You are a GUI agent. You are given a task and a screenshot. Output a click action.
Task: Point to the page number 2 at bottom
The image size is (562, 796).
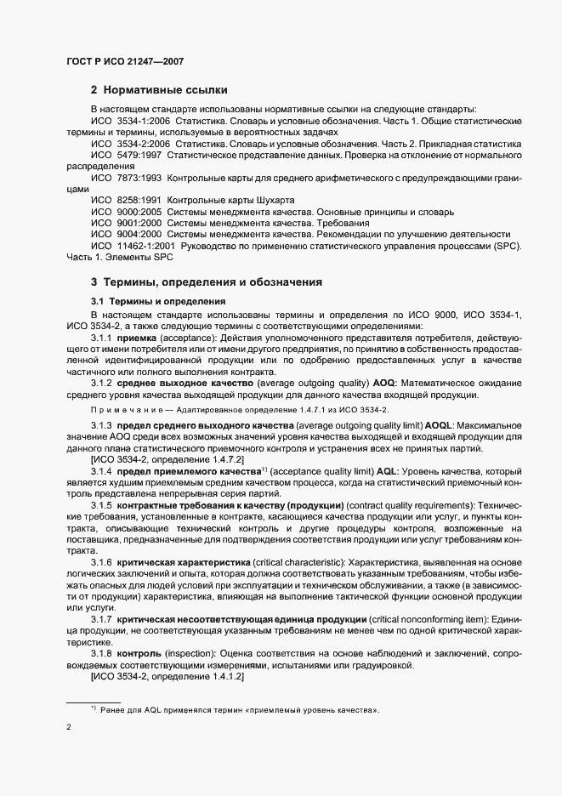pyautogui.click(x=70, y=728)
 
